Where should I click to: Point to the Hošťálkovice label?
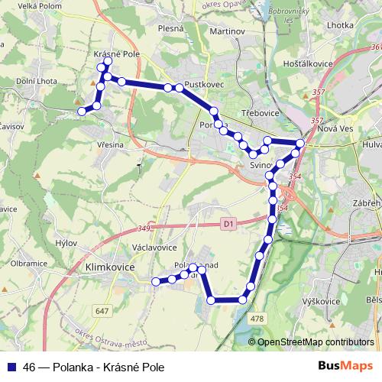[305, 65]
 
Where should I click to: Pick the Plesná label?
[171, 28]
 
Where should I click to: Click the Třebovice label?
[261, 112]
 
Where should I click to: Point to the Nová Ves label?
[333, 129]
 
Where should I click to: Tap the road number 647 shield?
[102, 310]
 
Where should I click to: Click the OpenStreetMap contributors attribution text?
[315, 342]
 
